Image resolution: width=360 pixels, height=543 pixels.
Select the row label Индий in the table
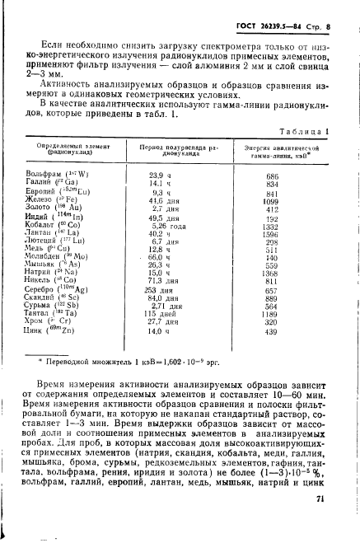tap(39, 217)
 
